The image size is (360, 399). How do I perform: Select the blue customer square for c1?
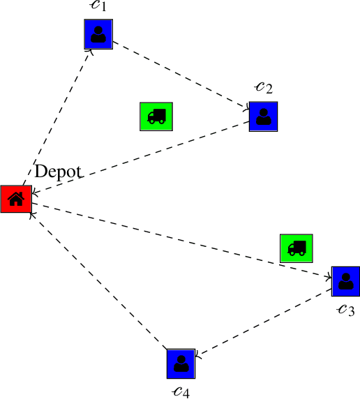[x=98, y=34]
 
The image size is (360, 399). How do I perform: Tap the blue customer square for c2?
[x=264, y=116]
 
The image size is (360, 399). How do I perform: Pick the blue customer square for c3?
[x=345, y=280]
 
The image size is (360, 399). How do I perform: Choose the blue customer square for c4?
[x=181, y=363]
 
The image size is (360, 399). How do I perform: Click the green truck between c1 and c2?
[x=156, y=116]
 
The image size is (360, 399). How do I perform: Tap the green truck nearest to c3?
[x=297, y=248]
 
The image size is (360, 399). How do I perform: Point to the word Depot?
[x=59, y=172]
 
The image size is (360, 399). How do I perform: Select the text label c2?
[x=264, y=87]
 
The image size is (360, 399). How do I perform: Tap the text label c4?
[x=180, y=390]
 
